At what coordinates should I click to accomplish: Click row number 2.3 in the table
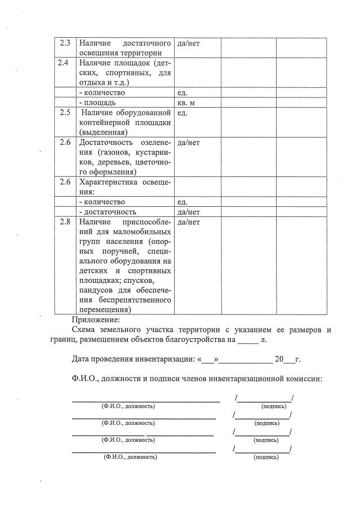click(65, 43)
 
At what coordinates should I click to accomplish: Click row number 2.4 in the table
click(65, 63)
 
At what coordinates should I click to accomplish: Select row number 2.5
click(65, 112)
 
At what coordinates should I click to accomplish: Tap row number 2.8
click(65, 222)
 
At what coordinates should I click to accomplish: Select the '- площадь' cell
click(97, 103)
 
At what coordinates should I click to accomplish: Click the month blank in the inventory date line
click(248, 359)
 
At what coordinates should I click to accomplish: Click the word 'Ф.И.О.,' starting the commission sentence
click(86, 379)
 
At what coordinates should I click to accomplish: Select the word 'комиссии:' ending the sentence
click(303, 379)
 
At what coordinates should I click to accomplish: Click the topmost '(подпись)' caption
click(273, 406)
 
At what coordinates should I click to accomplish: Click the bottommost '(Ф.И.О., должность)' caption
click(130, 457)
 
